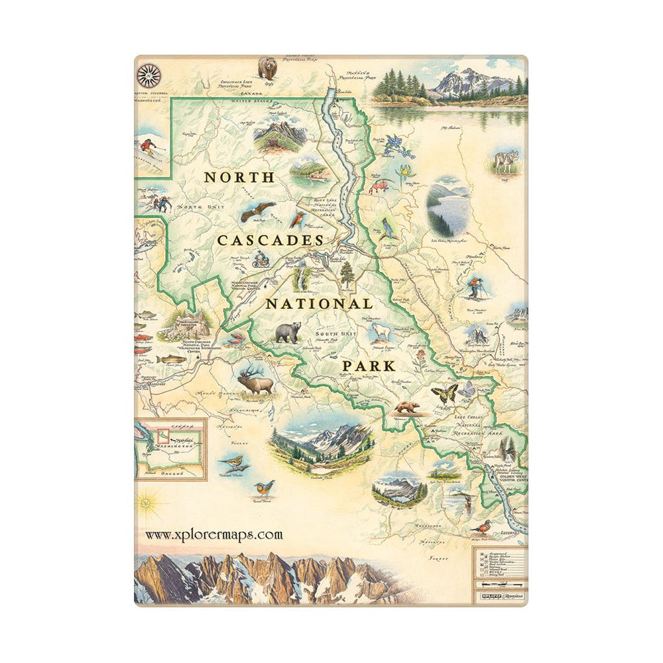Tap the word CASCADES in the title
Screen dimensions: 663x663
pyautogui.click(x=270, y=241)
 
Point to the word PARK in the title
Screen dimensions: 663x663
pyautogui.click(x=369, y=365)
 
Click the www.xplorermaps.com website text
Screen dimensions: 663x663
pyautogui.click(x=213, y=534)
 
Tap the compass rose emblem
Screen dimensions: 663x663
pyautogui.click(x=149, y=75)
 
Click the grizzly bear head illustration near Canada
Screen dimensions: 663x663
pyautogui.click(x=268, y=67)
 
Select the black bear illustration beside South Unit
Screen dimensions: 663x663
pyautogui.click(x=288, y=331)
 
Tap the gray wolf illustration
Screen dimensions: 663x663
pyautogui.click(x=505, y=161)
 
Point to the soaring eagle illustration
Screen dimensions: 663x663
pyautogui.click(x=257, y=211)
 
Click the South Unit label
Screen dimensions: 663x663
pyautogui.click(x=336, y=333)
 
